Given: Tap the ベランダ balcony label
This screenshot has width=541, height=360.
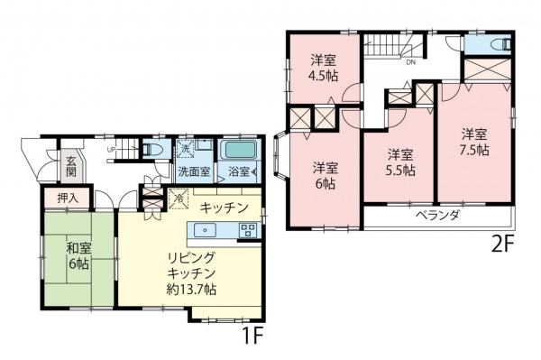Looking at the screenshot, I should tap(438, 216).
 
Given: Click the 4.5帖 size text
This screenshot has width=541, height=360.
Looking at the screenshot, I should tap(324, 76).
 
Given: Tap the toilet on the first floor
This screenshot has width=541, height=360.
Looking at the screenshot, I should tap(151, 150).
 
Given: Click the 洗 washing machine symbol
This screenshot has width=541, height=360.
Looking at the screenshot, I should tap(185, 149).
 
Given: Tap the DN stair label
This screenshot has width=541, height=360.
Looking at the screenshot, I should tap(411, 63).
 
